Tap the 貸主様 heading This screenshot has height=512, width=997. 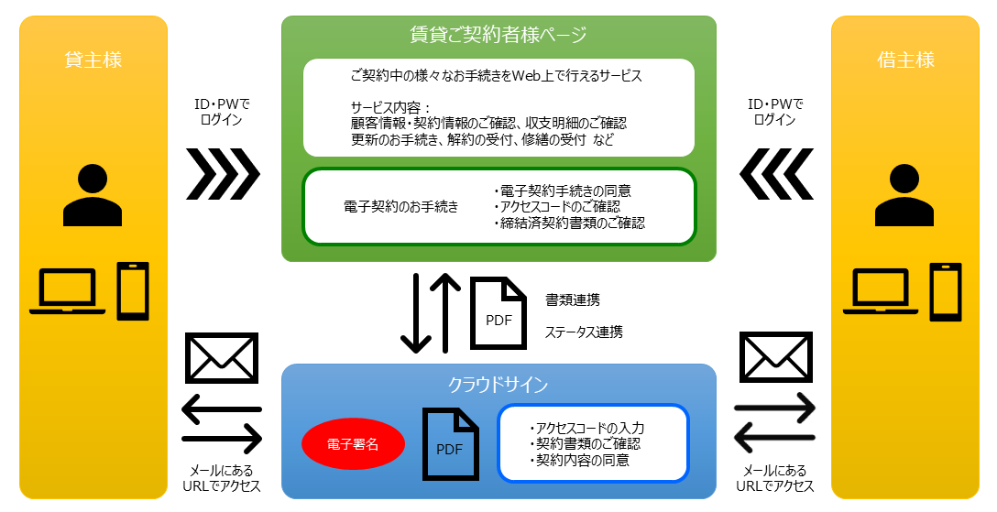(93, 60)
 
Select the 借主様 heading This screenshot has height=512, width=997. (905, 60)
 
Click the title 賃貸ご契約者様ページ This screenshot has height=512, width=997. (498, 36)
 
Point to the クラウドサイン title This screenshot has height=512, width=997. (498, 385)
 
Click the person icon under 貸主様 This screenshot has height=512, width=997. (93, 194)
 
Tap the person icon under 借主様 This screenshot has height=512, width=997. (904, 194)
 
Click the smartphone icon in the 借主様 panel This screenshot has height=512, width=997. (946, 292)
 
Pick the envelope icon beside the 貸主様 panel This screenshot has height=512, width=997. (222, 358)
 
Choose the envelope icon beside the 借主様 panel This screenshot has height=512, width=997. (776, 358)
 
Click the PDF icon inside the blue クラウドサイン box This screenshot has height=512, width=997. (450, 444)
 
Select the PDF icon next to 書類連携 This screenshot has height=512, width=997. (498, 313)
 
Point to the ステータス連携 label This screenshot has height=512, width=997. (584, 332)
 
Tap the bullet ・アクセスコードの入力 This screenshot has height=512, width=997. (587, 428)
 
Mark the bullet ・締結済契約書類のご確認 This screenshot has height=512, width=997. (568, 223)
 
